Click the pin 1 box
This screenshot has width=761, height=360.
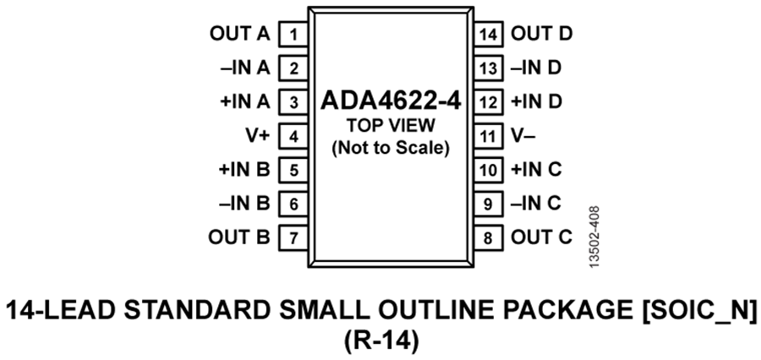(x=293, y=35)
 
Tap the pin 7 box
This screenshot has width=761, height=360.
(x=293, y=237)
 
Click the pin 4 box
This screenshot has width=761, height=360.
(x=293, y=136)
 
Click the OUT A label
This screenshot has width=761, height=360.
(x=239, y=35)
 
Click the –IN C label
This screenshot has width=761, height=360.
(x=536, y=204)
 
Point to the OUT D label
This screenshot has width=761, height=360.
(x=543, y=35)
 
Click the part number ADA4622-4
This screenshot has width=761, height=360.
(x=391, y=103)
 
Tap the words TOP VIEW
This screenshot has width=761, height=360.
(x=391, y=127)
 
